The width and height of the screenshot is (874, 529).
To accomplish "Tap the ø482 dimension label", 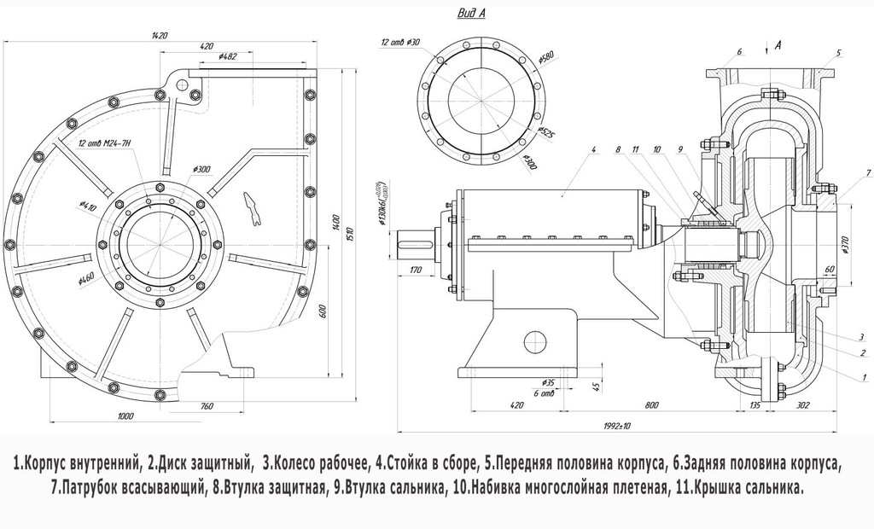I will coord(227,57).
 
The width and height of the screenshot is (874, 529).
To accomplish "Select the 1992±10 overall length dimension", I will coord(616,426).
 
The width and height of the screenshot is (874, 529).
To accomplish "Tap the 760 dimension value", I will coord(206,405).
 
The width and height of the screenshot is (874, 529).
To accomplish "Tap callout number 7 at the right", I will coord(867,173).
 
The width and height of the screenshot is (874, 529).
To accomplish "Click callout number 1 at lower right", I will coord(864,376).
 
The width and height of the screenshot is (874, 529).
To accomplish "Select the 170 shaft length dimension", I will coord(416,271).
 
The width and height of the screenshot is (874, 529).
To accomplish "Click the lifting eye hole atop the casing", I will coord(181,84).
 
